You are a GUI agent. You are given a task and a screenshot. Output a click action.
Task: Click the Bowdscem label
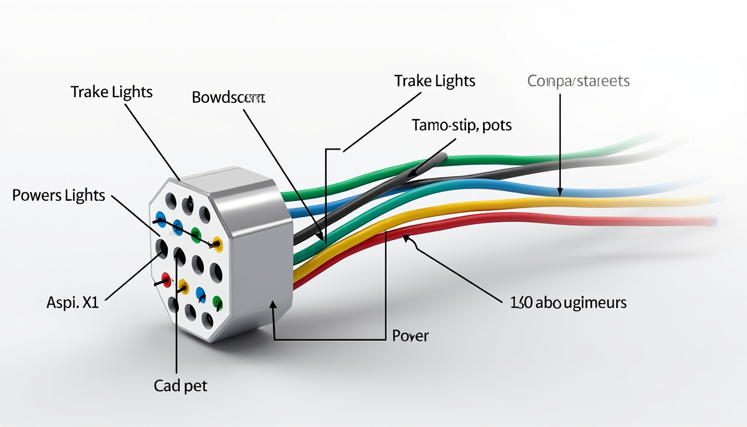click(228, 98)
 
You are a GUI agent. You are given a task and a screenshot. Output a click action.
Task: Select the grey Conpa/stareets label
click(578, 81)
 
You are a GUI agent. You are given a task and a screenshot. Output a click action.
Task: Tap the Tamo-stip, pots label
click(462, 125)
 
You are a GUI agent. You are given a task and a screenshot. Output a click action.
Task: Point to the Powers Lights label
click(58, 195)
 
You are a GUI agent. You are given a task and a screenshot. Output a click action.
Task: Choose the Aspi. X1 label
click(72, 303)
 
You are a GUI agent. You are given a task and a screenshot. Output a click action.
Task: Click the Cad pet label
click(180, 385)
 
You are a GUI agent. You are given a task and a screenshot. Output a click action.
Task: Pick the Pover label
click(410, 335)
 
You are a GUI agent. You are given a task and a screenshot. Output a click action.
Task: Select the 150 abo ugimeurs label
click(568, 302)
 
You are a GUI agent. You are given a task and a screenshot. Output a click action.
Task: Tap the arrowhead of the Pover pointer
click(273, 305)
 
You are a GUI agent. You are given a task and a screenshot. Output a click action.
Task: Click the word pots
click(496, 125)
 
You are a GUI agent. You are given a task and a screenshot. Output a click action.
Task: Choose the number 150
click(521, 302)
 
